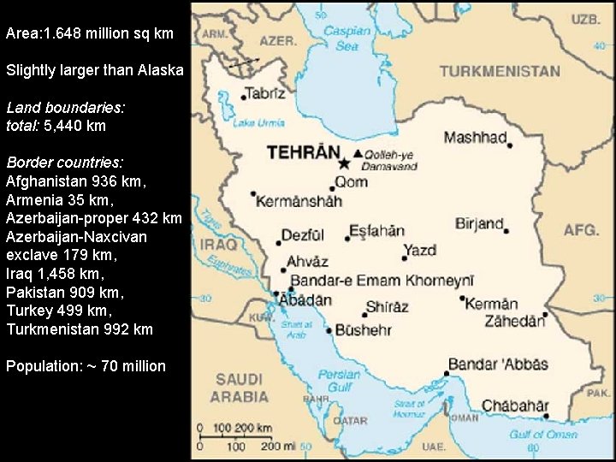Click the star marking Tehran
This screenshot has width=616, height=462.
pyautogui.click(x=344, y=163)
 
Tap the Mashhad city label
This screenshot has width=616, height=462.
pyautogui.click(x=475, y=137)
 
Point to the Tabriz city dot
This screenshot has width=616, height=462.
pyautogui.click(x=244, y=97)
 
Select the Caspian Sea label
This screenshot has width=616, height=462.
pyautogui.click(x=347, y=38)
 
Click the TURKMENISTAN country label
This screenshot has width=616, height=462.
pyautogui.click(x=500, y=72)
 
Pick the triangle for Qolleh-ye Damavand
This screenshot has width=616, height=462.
pyautogui.click(x=358, y=154)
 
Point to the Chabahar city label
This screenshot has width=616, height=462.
pyautogui.click(x=515, y=406)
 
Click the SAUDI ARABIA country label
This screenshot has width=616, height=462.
pyautogui.click(x=239, y=388)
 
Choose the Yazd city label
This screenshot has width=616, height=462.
pyautogui.click(x=420, y=250)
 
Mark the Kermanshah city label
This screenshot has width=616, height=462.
pyautogui.click(x=299, y=201)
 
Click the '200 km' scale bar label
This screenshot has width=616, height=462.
pyautogui.click(x=256, y=427)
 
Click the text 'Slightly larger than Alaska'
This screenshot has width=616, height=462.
pyautogui.click(x=94, y=70)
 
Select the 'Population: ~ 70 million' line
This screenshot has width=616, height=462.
pyautogui.click(x=86, y=366)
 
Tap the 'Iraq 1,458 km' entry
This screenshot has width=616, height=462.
pyautogui.click(x=55, y=274)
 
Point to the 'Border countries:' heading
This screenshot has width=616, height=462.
pyautogui.click(x=64, y=162)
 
